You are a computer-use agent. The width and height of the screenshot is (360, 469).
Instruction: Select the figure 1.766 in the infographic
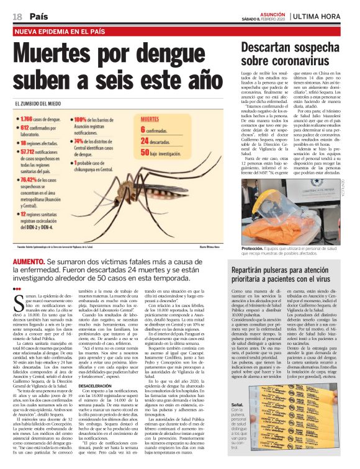pyautogui.click(x=29, y=118)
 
